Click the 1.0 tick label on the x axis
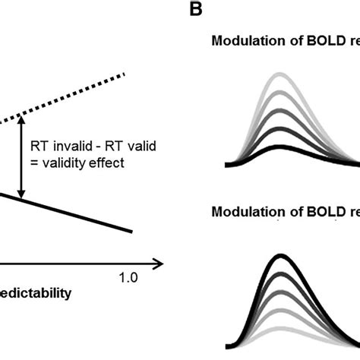click(x=128, y=279)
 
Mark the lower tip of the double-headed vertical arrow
click(x=23, y=194)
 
